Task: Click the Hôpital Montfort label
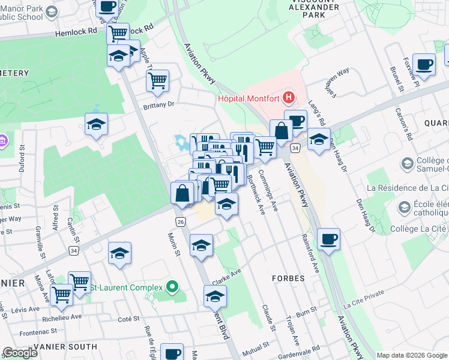click(x=249, y=98)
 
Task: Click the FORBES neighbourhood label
click(x=288, y=278)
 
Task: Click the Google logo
click(x=20, y=353)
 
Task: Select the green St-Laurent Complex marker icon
click(x=173, y=287)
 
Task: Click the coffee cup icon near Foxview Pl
click(x=424, y=64)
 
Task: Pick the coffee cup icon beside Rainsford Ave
click(x=328, y=239)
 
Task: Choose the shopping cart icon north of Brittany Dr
click(x=157, y=80)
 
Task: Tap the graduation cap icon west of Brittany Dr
click(x=95, y=124)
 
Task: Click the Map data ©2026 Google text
click(x=412, y=355)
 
